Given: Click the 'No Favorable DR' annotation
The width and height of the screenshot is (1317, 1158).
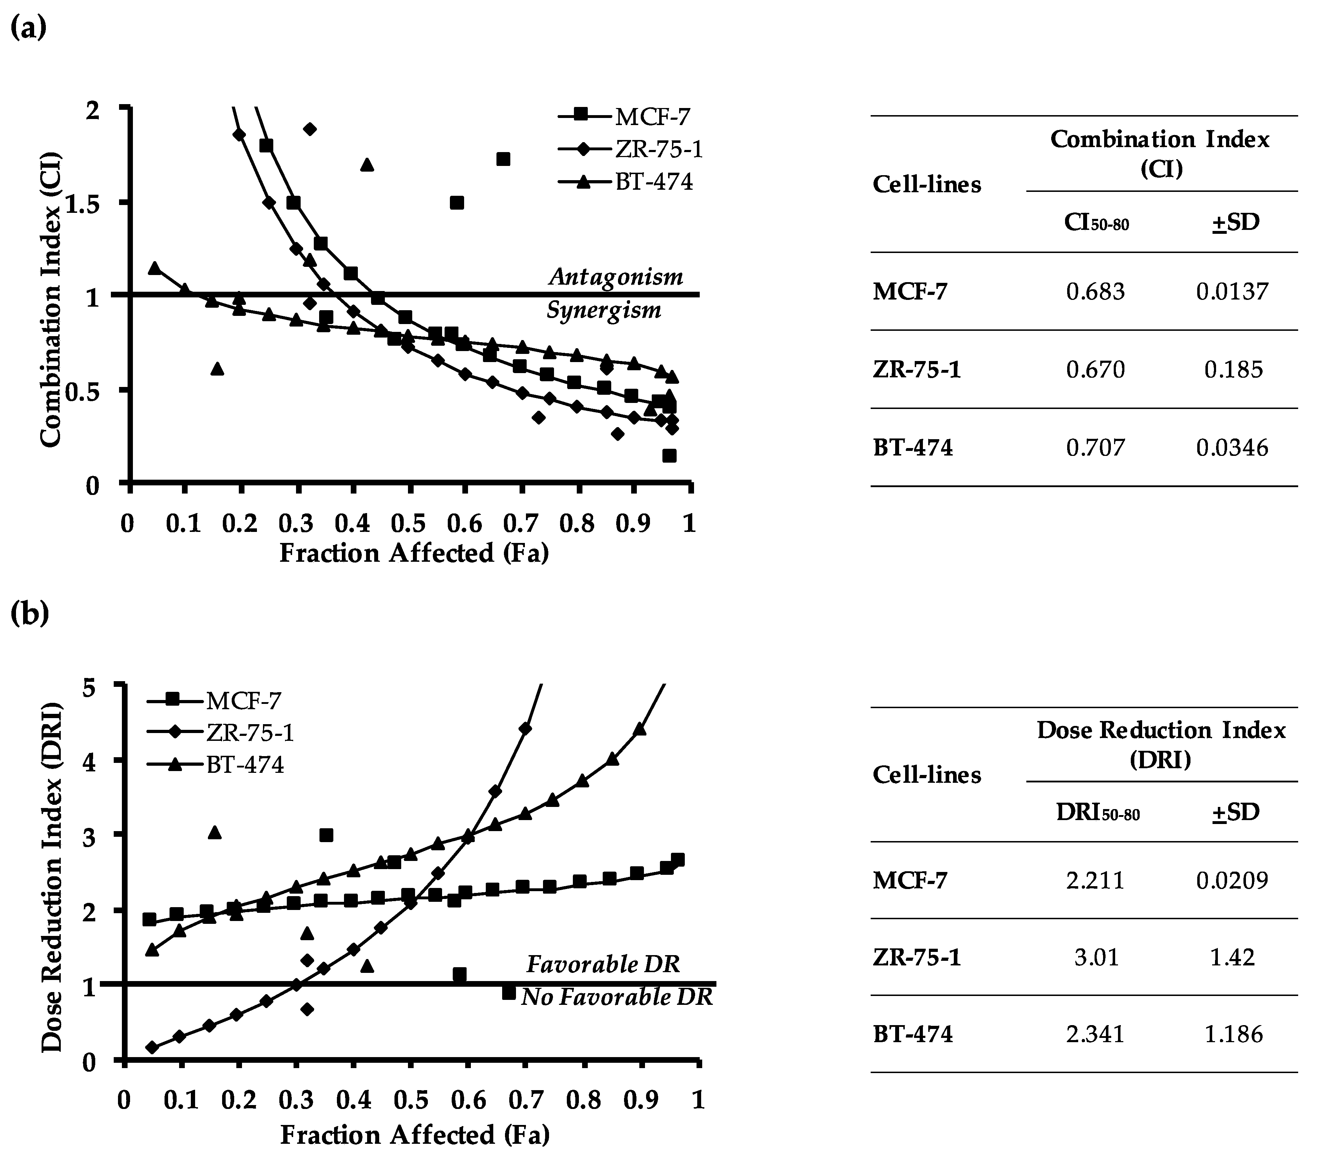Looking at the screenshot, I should point(617,997).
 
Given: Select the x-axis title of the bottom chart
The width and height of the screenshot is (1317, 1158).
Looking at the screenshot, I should point(414,1134).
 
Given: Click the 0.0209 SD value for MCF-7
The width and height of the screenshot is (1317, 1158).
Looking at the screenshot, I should point(1232,880).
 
